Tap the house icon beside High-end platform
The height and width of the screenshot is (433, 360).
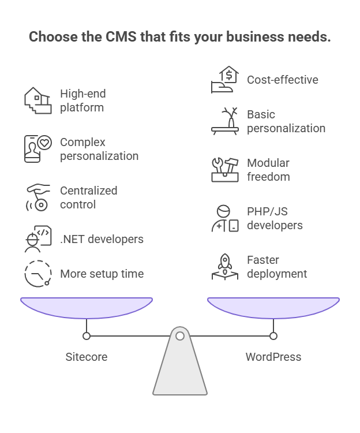pyautogui.click(x=37, y=100)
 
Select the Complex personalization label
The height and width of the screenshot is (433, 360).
pyautogui.click(x=99, y=149)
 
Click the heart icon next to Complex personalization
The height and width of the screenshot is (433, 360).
pyautogui.click(x=44, y=143)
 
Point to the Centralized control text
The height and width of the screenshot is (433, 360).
pyautogui.click(x=88, y=197)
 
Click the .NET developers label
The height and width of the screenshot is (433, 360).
pyautogui.click(x=102, y=239)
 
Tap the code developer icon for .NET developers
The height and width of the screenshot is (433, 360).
pyautogui.click(x=37, y=239)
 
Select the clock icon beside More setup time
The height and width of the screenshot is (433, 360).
pyautogui.click(x=37, y=273)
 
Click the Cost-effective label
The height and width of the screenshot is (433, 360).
pyautogui.click(x=282, y=80)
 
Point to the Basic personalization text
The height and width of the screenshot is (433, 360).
pyautogui.click(x=286, y=121)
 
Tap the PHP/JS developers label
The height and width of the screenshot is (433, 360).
pyautogui.click(x=274, y=218)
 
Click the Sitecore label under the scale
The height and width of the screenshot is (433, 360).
pyautogui.click(x=87, y=357)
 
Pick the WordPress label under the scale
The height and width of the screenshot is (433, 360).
pyautogui.click(x=273, y=357)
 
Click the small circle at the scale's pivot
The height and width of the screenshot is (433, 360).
pyautogui.click(x=180, y=335)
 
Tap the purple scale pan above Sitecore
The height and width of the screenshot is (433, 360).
pyautogui.click(x=87, y=307)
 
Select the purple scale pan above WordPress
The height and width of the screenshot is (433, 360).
pyautogui.click(x=273, y=307)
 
